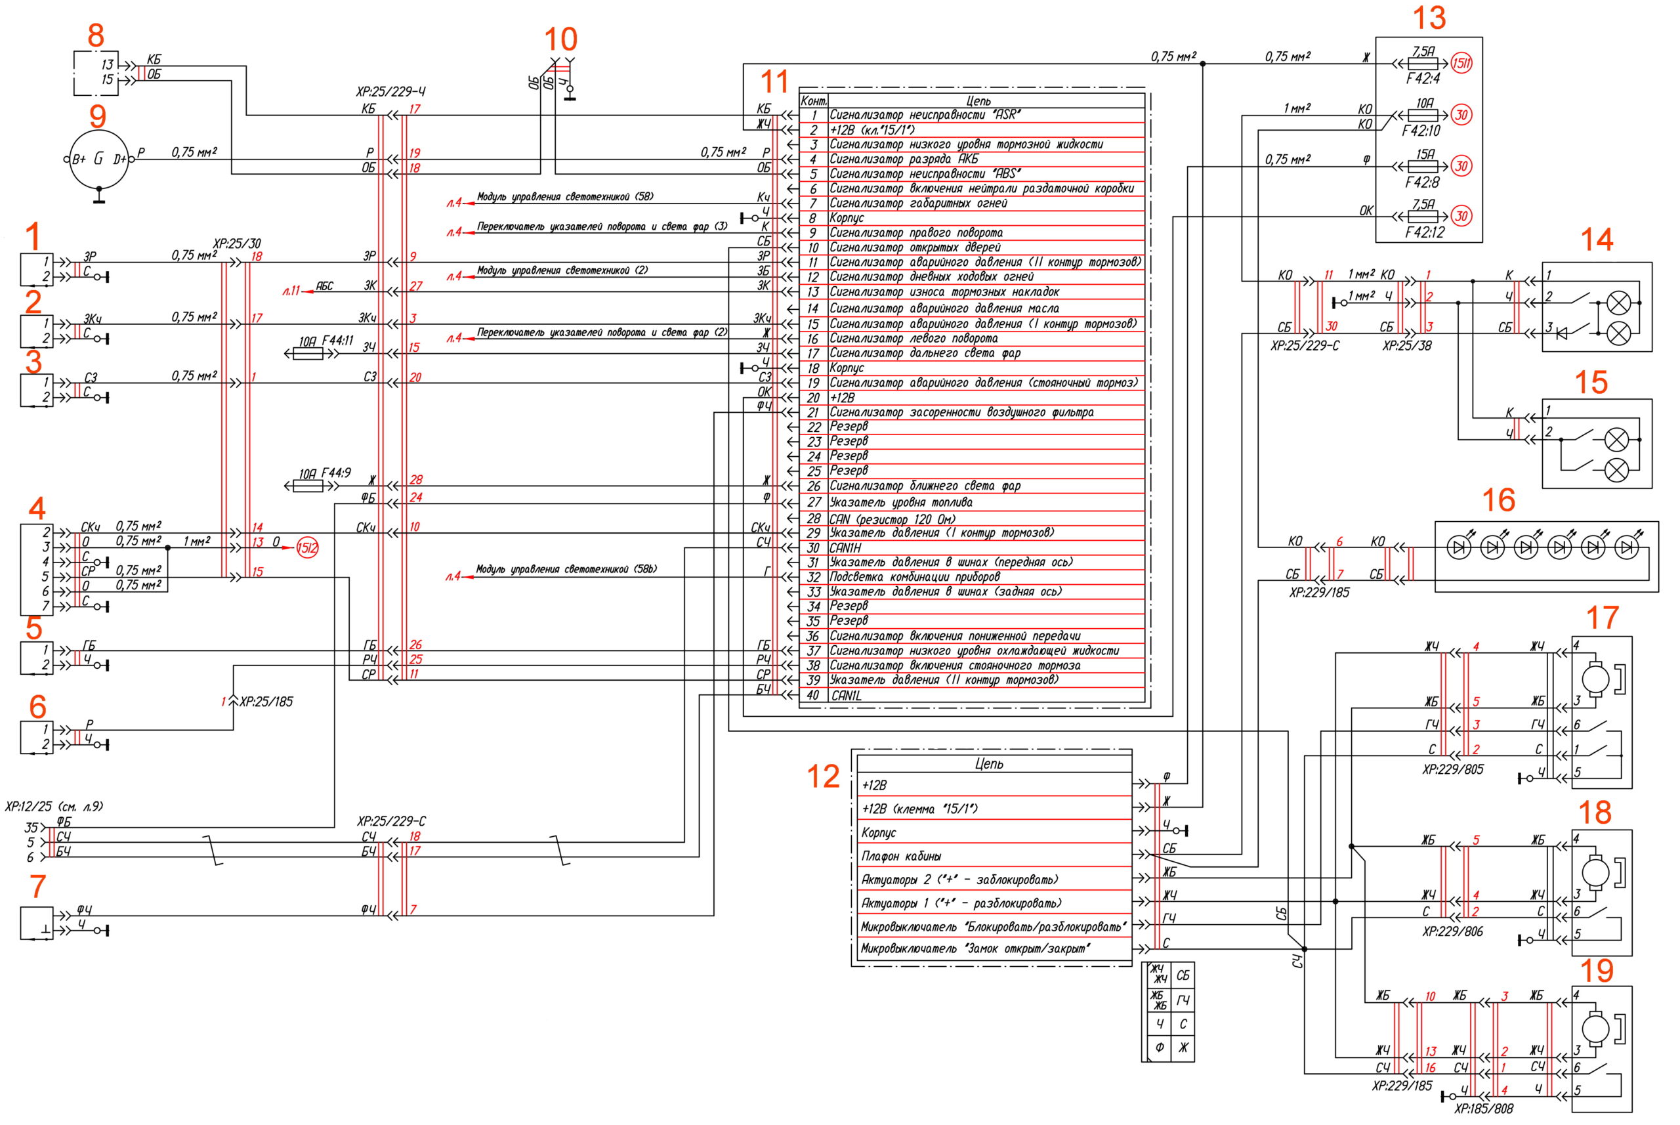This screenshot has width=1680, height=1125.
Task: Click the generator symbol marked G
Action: pos(98,159)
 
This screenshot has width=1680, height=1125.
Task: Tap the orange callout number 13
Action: pos(1429,18)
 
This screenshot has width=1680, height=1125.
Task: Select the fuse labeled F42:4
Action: pos(1423,64)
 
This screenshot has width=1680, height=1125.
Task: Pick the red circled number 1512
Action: pos(307,548)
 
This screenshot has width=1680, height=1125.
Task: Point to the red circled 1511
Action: pos(1461,64)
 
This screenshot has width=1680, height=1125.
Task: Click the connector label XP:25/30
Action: pos(237,244)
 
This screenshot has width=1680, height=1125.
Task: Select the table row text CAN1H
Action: pos(845,548)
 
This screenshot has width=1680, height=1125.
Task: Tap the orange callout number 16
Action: pos(1498,500)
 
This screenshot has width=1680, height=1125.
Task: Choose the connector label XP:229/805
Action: pos(1452,769)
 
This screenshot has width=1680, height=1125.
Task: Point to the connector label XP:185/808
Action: pos(1483,1109)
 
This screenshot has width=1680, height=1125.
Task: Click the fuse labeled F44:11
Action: pos(308,354)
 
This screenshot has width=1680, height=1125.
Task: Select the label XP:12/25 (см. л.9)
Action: pos(54,807)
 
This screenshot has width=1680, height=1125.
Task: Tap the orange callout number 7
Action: pos(38,886)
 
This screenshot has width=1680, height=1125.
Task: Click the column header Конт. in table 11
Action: pos(814,101)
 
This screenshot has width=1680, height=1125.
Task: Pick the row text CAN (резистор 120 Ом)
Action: pos(892,519)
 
